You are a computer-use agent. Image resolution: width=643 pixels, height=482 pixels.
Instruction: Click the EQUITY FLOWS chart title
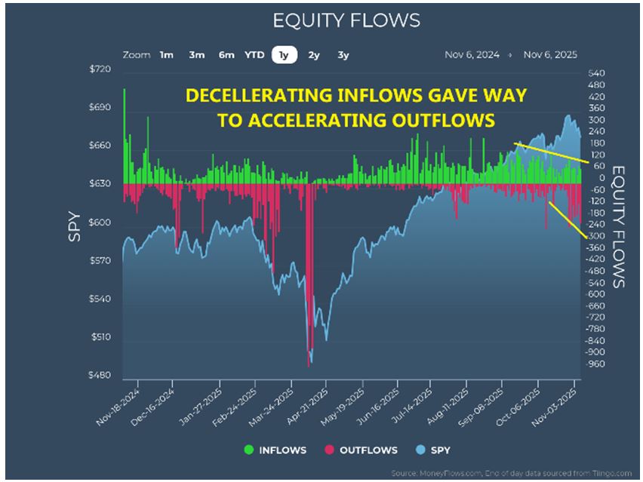346,20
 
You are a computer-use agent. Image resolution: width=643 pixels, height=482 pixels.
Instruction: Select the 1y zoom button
283,55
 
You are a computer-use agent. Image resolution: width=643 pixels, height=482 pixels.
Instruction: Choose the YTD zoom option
255,55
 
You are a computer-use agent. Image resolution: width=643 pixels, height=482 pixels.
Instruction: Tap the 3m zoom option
196,55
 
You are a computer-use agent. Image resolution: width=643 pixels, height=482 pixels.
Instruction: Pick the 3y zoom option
343,55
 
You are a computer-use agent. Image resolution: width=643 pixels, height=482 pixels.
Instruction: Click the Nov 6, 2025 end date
551,55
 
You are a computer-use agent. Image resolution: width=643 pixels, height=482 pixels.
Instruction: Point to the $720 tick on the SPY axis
100,69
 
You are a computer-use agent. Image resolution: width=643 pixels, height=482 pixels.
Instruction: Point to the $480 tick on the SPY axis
100,376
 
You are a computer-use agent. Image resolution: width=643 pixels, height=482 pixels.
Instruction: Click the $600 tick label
100,223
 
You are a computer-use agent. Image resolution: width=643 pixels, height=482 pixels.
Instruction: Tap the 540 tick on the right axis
596,73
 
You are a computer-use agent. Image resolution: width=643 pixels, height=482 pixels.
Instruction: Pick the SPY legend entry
435,450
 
